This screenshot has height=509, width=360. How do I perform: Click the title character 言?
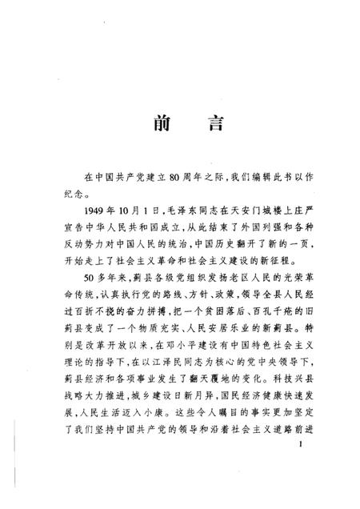[210, 126]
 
